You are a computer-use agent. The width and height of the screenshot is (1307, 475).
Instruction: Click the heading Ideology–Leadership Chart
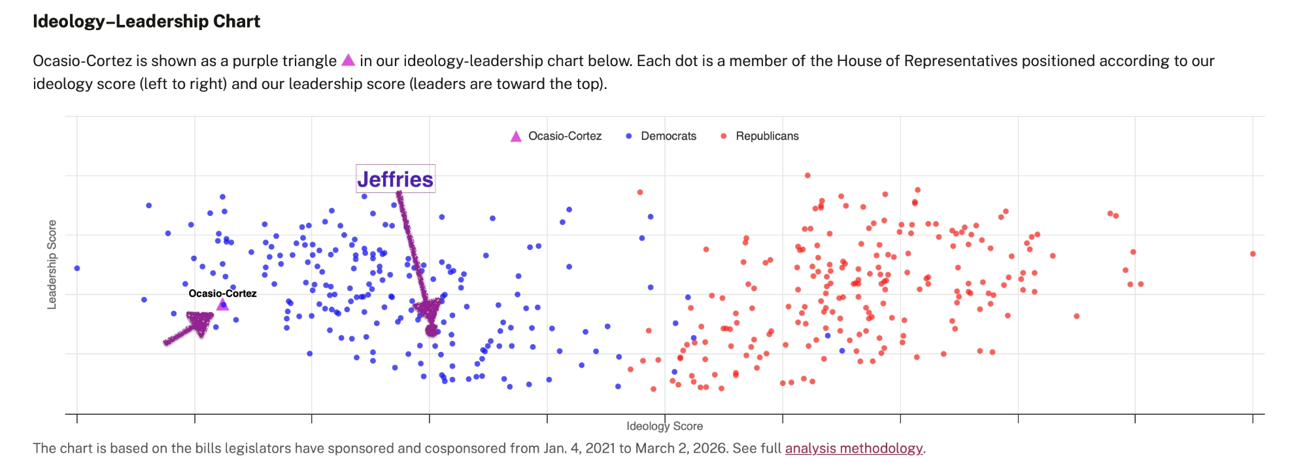click(146, 22)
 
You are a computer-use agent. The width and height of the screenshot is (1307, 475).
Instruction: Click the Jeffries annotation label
click(395, 179)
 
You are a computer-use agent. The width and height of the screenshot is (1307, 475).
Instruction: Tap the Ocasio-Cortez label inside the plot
click(222, 293)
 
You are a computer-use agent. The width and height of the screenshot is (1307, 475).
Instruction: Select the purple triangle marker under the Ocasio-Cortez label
click(222, 305)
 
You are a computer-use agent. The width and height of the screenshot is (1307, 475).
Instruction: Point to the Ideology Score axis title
click(664, 426)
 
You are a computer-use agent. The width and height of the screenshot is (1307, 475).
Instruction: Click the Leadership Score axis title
click(52, 264)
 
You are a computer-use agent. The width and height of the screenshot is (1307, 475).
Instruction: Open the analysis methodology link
click(853, 448)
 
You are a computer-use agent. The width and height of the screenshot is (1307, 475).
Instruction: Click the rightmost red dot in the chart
click(1252, 254)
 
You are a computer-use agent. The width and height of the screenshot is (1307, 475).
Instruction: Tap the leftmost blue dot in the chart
click(77, 268)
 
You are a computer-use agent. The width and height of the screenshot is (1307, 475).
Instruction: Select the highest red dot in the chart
click(807, 175)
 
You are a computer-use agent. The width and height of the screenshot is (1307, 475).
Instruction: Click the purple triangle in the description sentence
click(348, 60)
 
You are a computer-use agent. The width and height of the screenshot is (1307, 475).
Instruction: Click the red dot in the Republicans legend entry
click(723, 136)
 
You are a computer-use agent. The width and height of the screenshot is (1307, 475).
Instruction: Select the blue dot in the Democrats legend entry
click(628, 136)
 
